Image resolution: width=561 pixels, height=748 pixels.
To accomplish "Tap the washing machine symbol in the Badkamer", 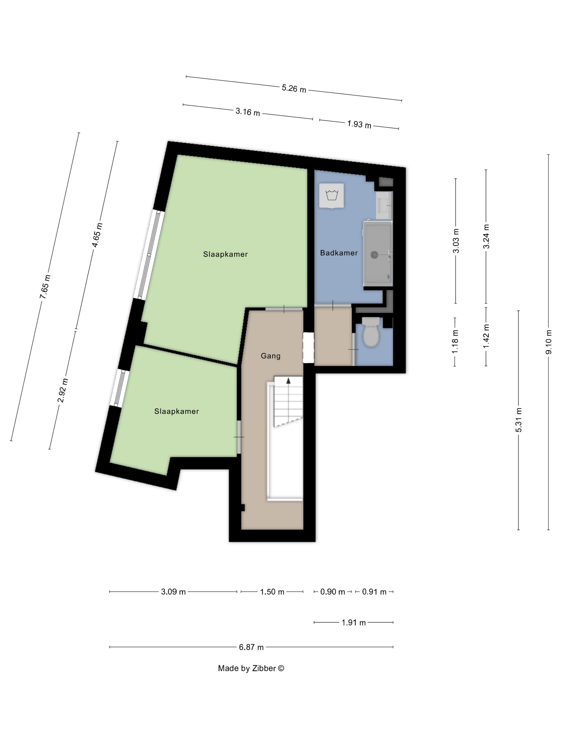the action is pos(332,196).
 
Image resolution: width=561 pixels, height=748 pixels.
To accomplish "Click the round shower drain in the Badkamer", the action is pos(374,255).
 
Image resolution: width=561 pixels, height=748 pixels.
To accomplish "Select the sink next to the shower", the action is pos(384,205).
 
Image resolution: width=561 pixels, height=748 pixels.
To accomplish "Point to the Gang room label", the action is pos(271,356).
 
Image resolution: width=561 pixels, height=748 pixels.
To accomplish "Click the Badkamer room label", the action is pos(339,253).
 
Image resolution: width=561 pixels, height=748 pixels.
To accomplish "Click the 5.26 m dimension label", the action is pos(294,89).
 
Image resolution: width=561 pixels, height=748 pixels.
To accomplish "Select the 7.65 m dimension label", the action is pos(45,287).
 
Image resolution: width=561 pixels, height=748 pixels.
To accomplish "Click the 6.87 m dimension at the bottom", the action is pos(251,647).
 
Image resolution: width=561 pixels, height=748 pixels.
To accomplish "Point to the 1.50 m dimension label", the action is pos(272,592).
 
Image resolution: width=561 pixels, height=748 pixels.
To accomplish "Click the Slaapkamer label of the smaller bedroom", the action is pos(177,411).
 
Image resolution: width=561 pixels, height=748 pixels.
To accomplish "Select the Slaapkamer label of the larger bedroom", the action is pos(225,254).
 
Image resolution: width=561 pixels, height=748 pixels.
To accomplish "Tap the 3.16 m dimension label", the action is pos(248,112).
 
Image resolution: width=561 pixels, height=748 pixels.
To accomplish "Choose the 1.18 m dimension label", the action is pos(455,341).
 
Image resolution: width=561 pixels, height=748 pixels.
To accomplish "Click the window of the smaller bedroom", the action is pos(119,388).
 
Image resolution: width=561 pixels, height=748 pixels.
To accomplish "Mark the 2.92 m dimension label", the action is pos(63,391).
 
